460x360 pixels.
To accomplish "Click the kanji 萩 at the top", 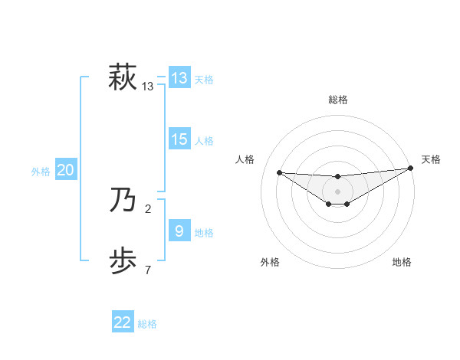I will point(123,78).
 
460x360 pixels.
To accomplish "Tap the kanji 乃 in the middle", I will point(123,200).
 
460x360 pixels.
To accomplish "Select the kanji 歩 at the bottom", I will point(123,260).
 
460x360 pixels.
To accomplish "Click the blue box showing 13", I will point(179,78).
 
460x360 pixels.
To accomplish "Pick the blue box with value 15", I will point(179,139).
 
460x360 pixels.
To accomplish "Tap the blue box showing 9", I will point(179,231).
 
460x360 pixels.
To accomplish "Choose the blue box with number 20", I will point(65,170).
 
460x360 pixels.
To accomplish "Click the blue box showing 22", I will point(123,322).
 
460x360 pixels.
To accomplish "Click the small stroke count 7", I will point(148,269).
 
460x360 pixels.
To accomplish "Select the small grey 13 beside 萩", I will point(148,87).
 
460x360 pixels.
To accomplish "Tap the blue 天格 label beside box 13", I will point(203,80).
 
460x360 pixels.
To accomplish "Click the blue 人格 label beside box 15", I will point(203,141).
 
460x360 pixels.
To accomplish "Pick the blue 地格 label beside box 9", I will point(203,233).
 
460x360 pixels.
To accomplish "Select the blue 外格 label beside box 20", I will point(41,172).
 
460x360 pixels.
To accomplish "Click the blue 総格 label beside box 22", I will point(147,324).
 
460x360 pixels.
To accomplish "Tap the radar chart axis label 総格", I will point(337,100).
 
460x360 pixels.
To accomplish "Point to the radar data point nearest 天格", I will point(410,169).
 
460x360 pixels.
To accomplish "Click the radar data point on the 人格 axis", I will point(279,172).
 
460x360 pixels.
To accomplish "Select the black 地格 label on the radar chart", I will point(402,262).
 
